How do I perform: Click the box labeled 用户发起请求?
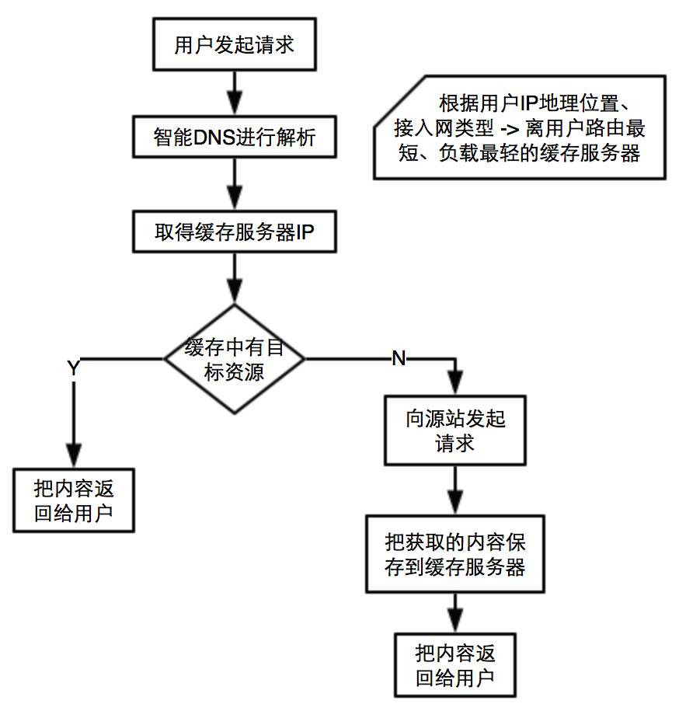[234, 44]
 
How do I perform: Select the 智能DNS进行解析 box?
[234, 138]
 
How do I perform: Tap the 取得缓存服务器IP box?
[234, 232]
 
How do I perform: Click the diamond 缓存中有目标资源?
[234, 359]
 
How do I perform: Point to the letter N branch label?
[398, 358]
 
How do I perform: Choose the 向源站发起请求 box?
[454, 430]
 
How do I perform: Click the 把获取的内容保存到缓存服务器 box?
[454, 554]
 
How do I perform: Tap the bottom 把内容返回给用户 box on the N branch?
[454, 664]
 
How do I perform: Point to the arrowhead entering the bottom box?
[454, 622]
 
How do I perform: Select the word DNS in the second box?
[209, 138]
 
